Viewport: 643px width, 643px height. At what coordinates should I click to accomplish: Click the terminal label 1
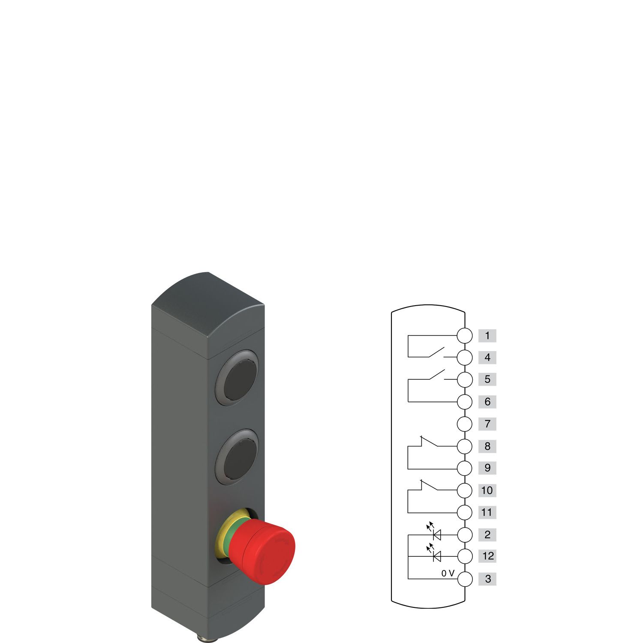(x=487, y=336)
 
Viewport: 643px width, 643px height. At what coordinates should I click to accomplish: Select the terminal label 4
(x=487, y=358)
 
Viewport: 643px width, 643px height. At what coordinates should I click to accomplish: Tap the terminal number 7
(x=487, y=424)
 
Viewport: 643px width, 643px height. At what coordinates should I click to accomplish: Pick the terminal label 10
(x=487, y=490)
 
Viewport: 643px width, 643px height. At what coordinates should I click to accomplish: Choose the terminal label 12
(x=488, y=556)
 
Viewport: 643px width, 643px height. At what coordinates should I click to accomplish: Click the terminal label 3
(x=487, y=579)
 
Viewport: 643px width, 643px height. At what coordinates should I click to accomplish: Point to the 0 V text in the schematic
(x=448, y=574)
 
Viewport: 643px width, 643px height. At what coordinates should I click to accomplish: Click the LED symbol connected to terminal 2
(x=437, y=535)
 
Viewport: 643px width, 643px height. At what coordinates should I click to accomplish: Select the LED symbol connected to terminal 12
(x=437, y=556)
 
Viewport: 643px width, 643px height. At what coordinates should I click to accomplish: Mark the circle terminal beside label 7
(x=465, y=424)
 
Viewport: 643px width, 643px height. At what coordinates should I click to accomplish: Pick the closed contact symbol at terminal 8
(x=430, y=442)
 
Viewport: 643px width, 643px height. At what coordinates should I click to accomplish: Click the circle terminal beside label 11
(x=465, y=512)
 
